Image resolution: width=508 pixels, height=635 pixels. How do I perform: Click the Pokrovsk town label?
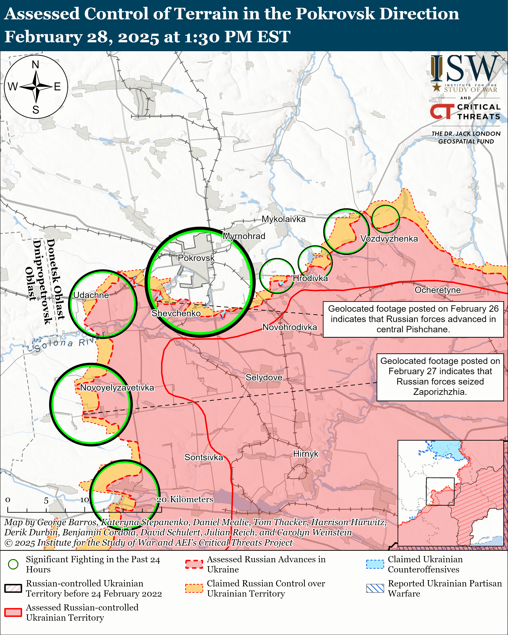196,258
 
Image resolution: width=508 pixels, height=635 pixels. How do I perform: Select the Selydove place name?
264,377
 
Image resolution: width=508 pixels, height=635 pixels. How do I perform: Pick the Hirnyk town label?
306,454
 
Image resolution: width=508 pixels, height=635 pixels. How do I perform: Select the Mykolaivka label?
284,219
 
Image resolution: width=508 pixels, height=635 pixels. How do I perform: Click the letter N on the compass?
36,65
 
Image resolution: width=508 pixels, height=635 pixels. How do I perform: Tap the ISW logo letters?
465,69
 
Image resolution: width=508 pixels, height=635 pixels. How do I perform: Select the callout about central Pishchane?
413,319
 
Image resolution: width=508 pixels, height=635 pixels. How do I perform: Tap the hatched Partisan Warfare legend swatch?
375,588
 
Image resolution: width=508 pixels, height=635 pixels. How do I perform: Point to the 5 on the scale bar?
46,501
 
